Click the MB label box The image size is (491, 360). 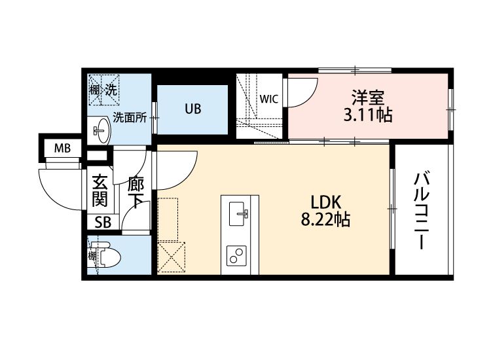point(62,148)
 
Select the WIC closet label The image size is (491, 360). point(268,99)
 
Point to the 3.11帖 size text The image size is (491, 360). point(368,117)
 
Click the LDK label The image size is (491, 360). point(323,202)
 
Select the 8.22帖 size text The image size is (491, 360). point(325,220)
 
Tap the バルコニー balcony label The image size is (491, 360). point(422,210)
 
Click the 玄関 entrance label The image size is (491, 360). point(100,189)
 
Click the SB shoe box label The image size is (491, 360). point(103,223)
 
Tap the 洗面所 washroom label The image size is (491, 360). point(130,118)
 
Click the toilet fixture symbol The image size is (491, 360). point(106,256)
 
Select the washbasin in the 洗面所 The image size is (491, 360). point(100,130)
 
